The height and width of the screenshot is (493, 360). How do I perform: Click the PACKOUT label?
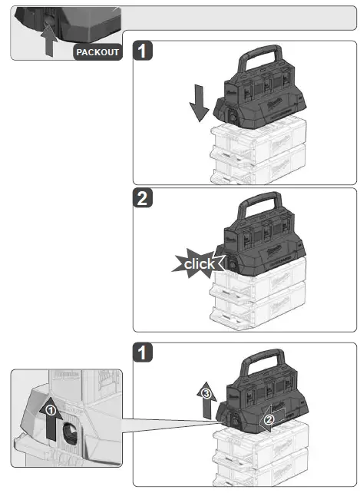point(97,52)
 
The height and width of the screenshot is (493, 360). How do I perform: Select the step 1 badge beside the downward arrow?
point(144,51)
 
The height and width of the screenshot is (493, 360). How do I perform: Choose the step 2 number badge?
point(144,200)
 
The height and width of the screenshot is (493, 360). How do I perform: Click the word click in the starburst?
point(199,264)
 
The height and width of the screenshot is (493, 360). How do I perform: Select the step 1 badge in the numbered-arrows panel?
point(144,353)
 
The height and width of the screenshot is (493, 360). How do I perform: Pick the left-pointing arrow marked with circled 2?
point(271,419)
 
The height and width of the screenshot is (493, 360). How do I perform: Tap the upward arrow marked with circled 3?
point(205,399)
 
